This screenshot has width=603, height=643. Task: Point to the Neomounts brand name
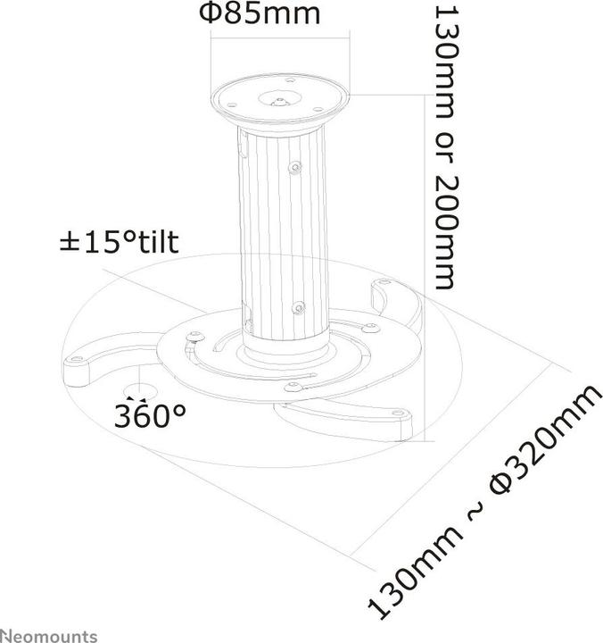coord(49,635)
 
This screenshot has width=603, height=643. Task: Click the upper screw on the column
coord(294,165)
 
